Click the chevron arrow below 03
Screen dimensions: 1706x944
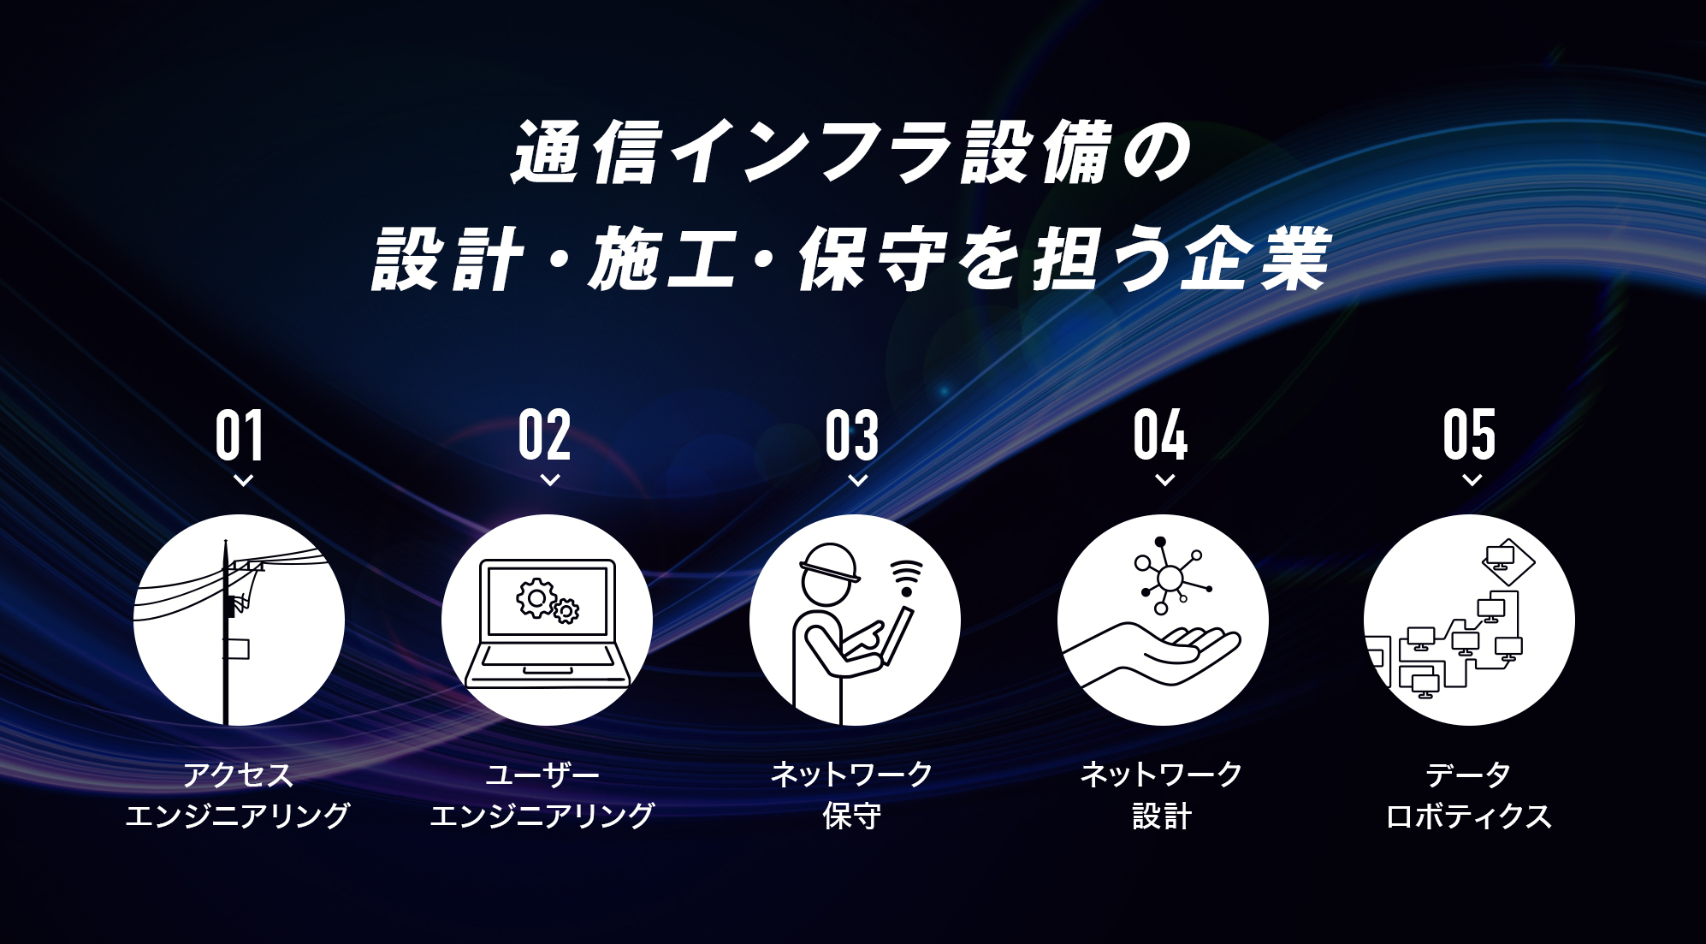(858, 480)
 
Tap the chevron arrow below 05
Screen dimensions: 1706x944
(1472, 480)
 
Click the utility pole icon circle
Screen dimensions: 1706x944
(240, 620)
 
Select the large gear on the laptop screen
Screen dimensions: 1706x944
(536, 598)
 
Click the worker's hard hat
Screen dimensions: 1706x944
(829, 563)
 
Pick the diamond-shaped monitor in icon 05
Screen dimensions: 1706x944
(1508, 562)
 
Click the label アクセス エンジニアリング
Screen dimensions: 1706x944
(238, 795)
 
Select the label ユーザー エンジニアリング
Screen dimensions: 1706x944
(542, 795)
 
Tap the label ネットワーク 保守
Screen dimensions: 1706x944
(852, 795)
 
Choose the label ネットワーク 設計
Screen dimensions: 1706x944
(1161, 795)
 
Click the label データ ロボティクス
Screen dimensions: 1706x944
(1469, 795)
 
